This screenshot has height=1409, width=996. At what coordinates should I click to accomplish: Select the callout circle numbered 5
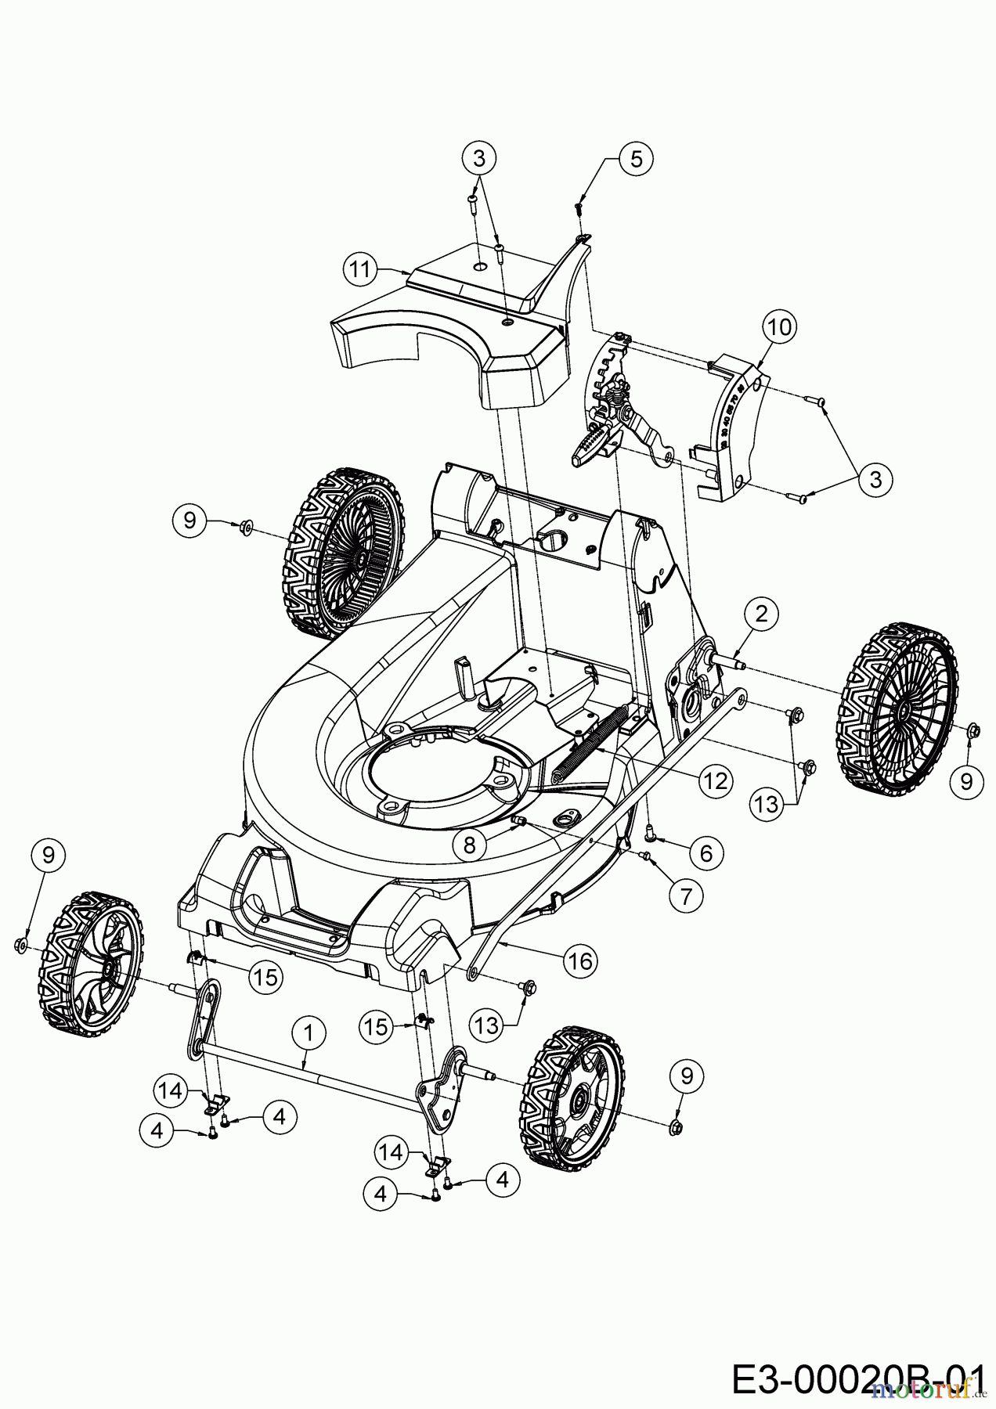pyautogui.click(x=636, y=159)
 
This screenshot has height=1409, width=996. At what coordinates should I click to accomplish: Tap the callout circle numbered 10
pyautogui.click(x=779, y=327)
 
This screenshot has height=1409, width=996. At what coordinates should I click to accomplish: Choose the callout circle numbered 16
pyautogui.click(x=580, y=960)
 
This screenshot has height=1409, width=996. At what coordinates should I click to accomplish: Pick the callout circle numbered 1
pyautogui.click(x=309, y=1034)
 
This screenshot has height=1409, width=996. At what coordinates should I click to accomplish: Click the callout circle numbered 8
pyautogui.click(x=469, y=843)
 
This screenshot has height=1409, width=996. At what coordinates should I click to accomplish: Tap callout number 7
pyautogui.click(x=687, y=895)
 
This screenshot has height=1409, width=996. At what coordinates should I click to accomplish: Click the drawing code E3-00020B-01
pyautogui.click(x=857, y=1378)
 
